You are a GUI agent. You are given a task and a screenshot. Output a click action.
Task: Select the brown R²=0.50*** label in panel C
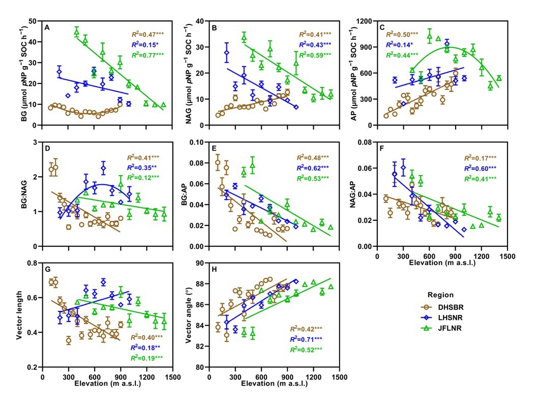coord(402,34)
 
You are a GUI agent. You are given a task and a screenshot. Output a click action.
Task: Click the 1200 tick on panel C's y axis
coord(365,21)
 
